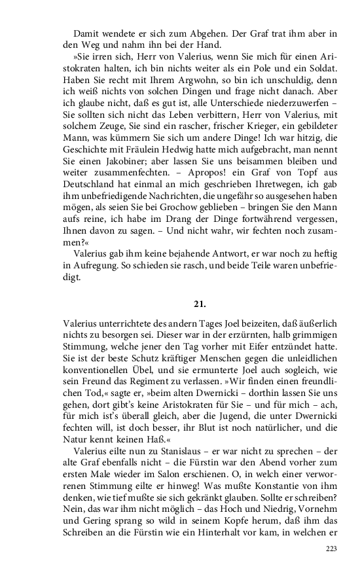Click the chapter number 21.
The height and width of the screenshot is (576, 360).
(200, 304)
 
